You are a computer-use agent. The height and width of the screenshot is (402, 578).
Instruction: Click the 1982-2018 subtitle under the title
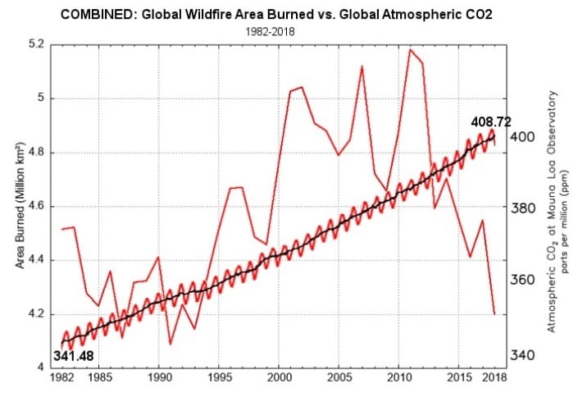click(x=289, y=30)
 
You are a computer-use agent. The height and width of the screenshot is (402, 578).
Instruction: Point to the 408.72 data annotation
click(x=490, y=121)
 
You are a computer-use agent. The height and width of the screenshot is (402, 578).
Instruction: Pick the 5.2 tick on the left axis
click(x=37, y=44)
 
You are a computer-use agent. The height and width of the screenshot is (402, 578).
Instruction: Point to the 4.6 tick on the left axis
click(x=37, y=207)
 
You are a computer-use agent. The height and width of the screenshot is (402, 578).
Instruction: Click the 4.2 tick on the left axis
click(x=37, y=314)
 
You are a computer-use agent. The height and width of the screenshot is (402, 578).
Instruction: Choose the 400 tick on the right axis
click(x=522, y=136)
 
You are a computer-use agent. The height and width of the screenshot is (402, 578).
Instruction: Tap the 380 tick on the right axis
click(x=522, y=208)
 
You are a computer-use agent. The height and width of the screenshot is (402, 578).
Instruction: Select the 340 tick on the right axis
click(x=522, y=355)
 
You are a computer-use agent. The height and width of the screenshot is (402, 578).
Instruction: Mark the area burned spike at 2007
click(x=362, y=66)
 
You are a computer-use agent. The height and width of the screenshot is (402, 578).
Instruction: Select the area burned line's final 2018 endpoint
click(x=494, y=313)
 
